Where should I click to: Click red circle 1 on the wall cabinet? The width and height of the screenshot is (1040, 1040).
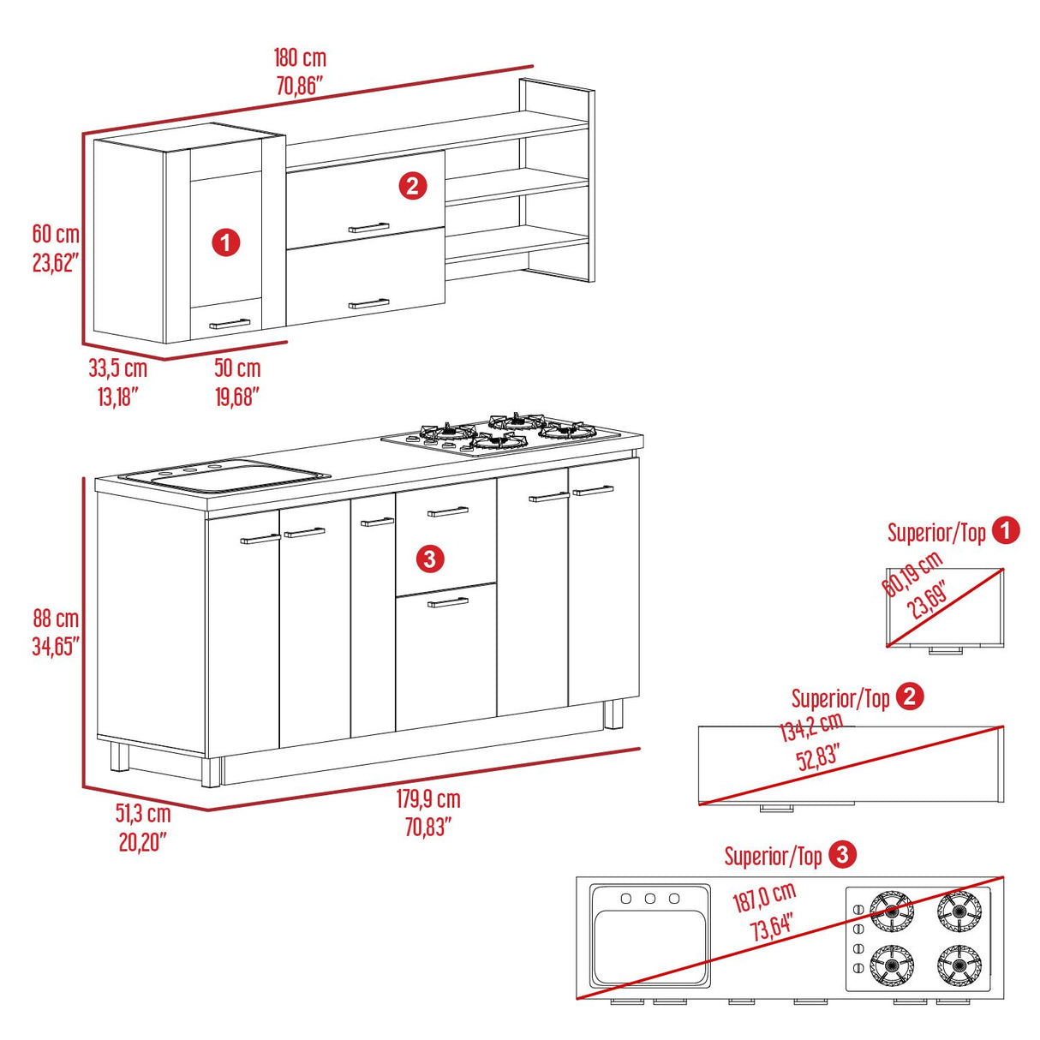[x=225, y=243]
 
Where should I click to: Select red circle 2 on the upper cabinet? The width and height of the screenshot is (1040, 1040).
[x=412, y=186]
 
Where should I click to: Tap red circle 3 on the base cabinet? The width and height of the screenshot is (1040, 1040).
[x=429, y=559]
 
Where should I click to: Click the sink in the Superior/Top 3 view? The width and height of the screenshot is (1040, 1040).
[x=650, y=935]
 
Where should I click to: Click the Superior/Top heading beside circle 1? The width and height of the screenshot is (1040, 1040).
[x=936, y=532]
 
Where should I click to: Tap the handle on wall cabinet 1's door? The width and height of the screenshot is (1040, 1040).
[x=230, y=324]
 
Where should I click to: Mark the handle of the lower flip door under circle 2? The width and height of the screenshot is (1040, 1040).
[x=368, y=303]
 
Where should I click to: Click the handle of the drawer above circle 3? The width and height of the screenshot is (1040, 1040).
[x=447, y=511]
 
